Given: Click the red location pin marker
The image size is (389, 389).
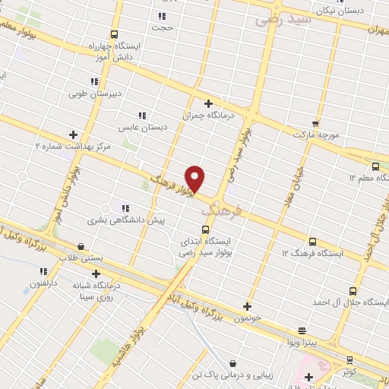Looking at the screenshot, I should [x=195, y=179].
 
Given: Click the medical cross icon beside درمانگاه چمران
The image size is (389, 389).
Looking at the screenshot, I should [x=209, y=103].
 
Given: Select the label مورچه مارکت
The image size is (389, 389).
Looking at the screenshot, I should [x=315, y=134].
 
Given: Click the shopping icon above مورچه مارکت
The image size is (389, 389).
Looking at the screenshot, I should [x=315, y=122].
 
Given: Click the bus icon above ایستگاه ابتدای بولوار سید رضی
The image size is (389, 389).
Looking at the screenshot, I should [x=204, y=229].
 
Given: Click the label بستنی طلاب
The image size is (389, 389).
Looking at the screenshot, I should [x=81, y=258].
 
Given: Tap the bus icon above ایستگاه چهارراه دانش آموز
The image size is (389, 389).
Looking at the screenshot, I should [x=114, y=34].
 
